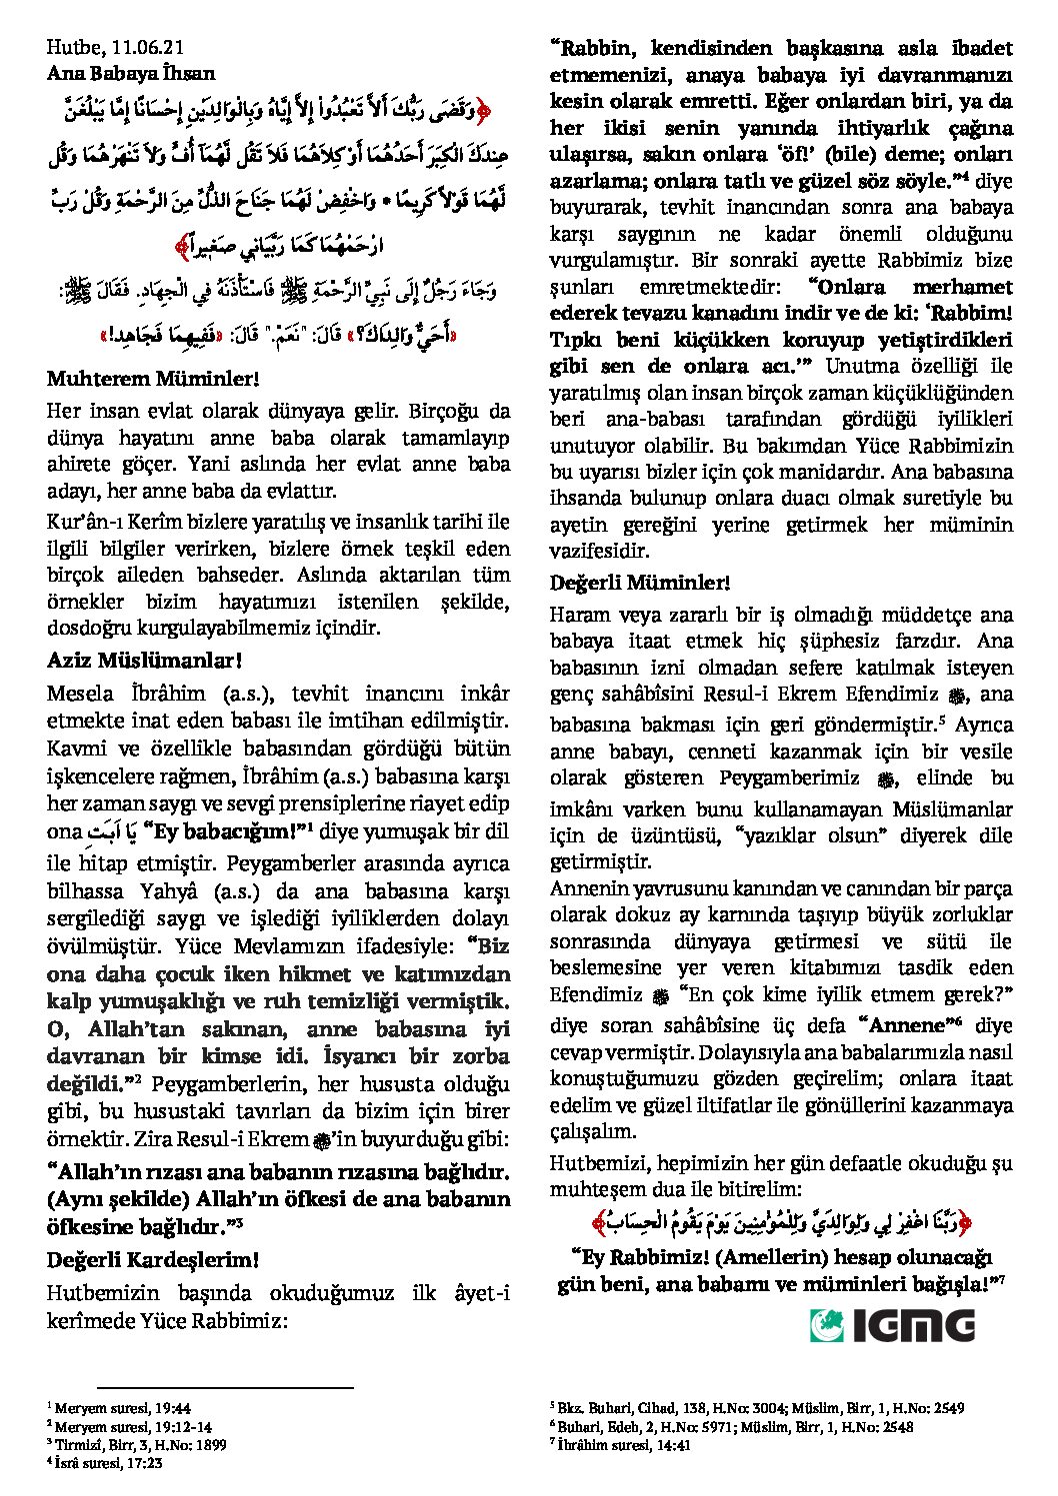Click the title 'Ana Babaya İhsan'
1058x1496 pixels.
(x=130, y=73)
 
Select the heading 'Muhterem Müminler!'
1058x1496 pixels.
(x=153, y=379)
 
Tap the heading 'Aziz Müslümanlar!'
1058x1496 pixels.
(x=145, y=661)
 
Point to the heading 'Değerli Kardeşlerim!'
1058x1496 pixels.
(x=153, y=1260)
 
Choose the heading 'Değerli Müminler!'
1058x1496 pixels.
(x=640, y=583)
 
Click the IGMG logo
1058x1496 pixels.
(x=892, y=1325)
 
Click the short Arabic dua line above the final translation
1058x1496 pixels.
(x=781, y=1221)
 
